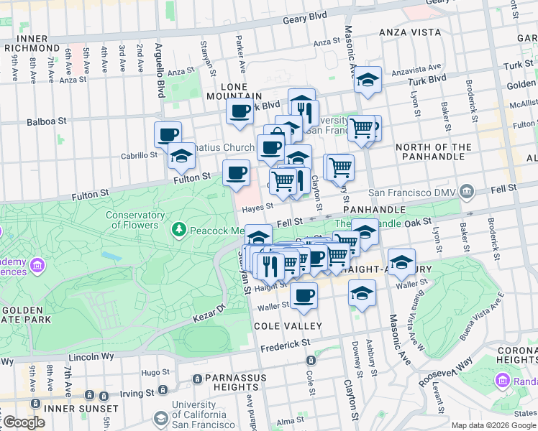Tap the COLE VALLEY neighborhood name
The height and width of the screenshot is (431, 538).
coord(280,326)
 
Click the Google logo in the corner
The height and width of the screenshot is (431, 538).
coord(23,422)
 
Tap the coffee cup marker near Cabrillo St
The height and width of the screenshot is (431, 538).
coord(168,135)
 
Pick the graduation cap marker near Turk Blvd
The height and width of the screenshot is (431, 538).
coord(368,80)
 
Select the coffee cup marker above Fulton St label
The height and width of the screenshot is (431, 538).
coord(237,173)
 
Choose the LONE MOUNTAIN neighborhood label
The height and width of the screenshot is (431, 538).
coord(234,91)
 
